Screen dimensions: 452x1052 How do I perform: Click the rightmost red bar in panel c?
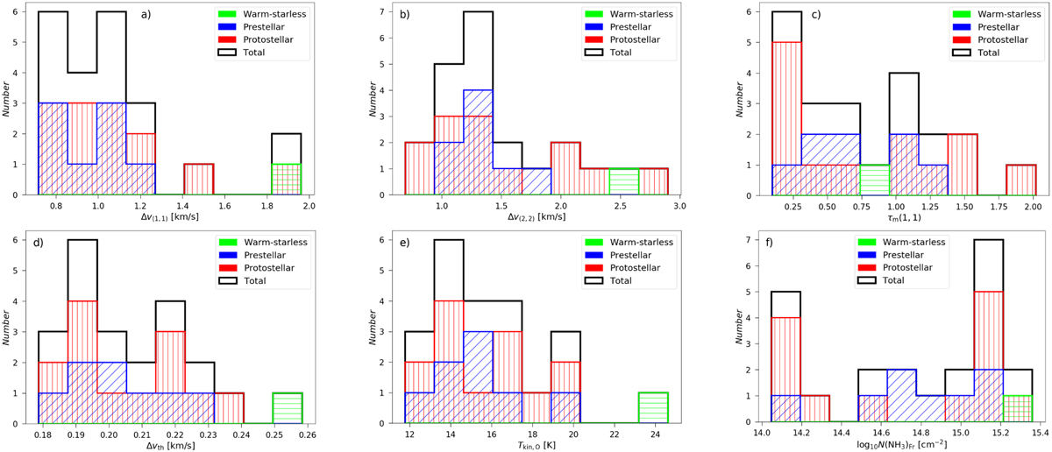coord(1020,179)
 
